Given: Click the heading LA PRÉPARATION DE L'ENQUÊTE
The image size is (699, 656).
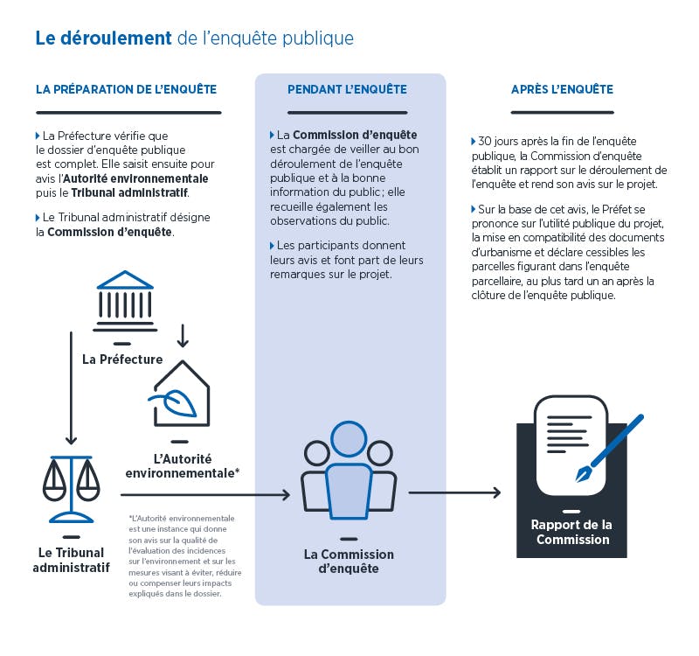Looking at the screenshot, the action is click(x=126, y=89).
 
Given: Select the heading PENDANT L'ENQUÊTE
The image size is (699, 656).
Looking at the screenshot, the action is click(x=347, y=89).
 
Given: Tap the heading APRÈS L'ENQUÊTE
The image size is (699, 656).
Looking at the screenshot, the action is click(x=562, y=89).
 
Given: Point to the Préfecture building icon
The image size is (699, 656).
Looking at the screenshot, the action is click(x=125, y=301).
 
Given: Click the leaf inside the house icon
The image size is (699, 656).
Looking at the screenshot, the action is click(x=176, y=401).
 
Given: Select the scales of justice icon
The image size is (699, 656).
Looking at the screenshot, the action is click(x=72, y=489).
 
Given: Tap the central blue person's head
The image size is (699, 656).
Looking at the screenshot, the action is click(x=349, y=439).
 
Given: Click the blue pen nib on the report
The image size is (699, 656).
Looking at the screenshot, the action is click(x=583, y=474).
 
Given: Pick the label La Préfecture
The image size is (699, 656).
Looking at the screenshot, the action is click(x=122, y=359).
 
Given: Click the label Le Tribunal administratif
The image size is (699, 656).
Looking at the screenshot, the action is click(x=72, y=560).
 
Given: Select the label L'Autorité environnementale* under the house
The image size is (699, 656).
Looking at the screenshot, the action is click(x=183, y=466).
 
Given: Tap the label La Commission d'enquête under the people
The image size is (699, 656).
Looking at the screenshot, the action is click(x=349, y=562).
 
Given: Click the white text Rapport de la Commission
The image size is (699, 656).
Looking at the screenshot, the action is click(x=572, y=532).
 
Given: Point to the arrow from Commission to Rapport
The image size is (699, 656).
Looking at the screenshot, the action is click(x=454, y=492).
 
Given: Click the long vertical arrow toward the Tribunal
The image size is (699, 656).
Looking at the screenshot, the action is click(x=72, y=388).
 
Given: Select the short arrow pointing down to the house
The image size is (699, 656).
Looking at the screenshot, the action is click(x=183, y=336).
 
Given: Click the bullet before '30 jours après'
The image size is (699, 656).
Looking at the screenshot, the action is click(x=474, y=142).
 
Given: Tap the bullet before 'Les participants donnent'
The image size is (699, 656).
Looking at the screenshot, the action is click(x=272, y=246).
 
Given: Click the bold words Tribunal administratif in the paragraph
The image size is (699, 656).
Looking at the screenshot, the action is click(x=129, y=192).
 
